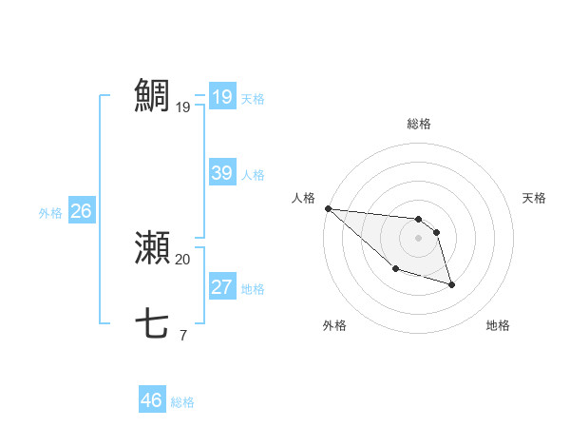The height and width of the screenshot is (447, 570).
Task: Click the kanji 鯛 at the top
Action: pyautogui.click(x=152, y=96)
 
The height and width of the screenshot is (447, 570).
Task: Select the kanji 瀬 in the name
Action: pyautogui.click(x=152, y=248)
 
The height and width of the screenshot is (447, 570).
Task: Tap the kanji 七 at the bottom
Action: pyautogui.click(x=152, y=324)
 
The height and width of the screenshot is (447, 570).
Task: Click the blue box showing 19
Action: pyautogui.click(x=222, y=97)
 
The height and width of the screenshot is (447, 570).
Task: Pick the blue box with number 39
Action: pyautogui.click(x=222, y=173)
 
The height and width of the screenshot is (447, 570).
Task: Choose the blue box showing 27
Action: pyautogui.click(x=222, y=287)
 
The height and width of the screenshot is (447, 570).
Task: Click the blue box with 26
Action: pyautogui.click(x=81, y=211)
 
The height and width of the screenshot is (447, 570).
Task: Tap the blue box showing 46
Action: pyautogui.click(x=152, y=400)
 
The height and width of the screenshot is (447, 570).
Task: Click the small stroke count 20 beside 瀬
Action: pyautogui.click(x=182, y=259)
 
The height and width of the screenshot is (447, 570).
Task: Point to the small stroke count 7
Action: pyautogui.click(x=182, y=335)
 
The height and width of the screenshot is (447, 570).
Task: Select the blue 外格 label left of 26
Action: pyautogui.click(x=50, y=213)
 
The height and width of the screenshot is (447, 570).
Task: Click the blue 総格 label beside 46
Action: pyautogui.click(x=182, y=402)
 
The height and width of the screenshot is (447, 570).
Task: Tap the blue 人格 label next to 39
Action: pyautogui.click(x=253, y=175)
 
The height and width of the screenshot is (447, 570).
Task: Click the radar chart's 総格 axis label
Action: pyautogui.click(x=419, y=124)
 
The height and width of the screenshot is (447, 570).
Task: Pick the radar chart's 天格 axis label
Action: pyautogui.click(x=534, y=198)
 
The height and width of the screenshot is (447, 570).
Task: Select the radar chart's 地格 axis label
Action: pyautogui.click(x=498, y=325)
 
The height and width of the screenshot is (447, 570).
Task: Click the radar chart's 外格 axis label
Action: pyautogui.click(x=334, y=325)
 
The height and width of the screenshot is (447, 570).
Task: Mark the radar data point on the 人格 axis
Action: pyautogui.click(x=328, y=208)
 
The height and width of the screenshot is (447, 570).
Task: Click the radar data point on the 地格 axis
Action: pyautogui.click(x=451, y=283)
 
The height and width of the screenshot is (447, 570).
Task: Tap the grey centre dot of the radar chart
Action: pyautogui.click(x=419, y=238)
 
